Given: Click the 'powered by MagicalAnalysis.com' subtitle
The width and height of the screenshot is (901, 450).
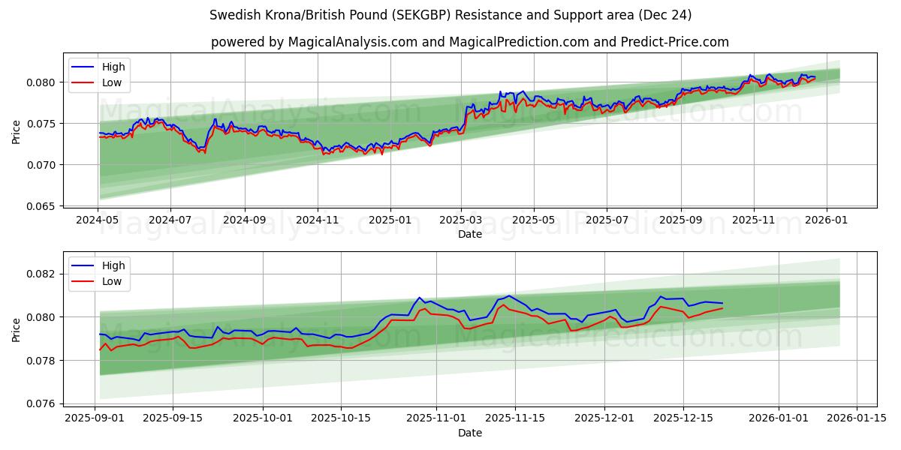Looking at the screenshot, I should (469, 42).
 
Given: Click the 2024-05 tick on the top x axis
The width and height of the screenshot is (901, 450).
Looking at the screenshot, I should (98, 220).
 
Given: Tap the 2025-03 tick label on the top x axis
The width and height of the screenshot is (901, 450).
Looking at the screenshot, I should (460, 220).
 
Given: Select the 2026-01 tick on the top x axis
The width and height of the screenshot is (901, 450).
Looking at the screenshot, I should (827, 220).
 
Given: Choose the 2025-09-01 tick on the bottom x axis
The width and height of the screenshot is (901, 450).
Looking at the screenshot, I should (95, 418).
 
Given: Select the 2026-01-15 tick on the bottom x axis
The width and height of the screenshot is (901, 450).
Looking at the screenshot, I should (857, 418).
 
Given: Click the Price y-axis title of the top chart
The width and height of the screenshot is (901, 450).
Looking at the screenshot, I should (17, 130).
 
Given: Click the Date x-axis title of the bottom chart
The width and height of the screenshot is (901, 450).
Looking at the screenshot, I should (469, 433).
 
